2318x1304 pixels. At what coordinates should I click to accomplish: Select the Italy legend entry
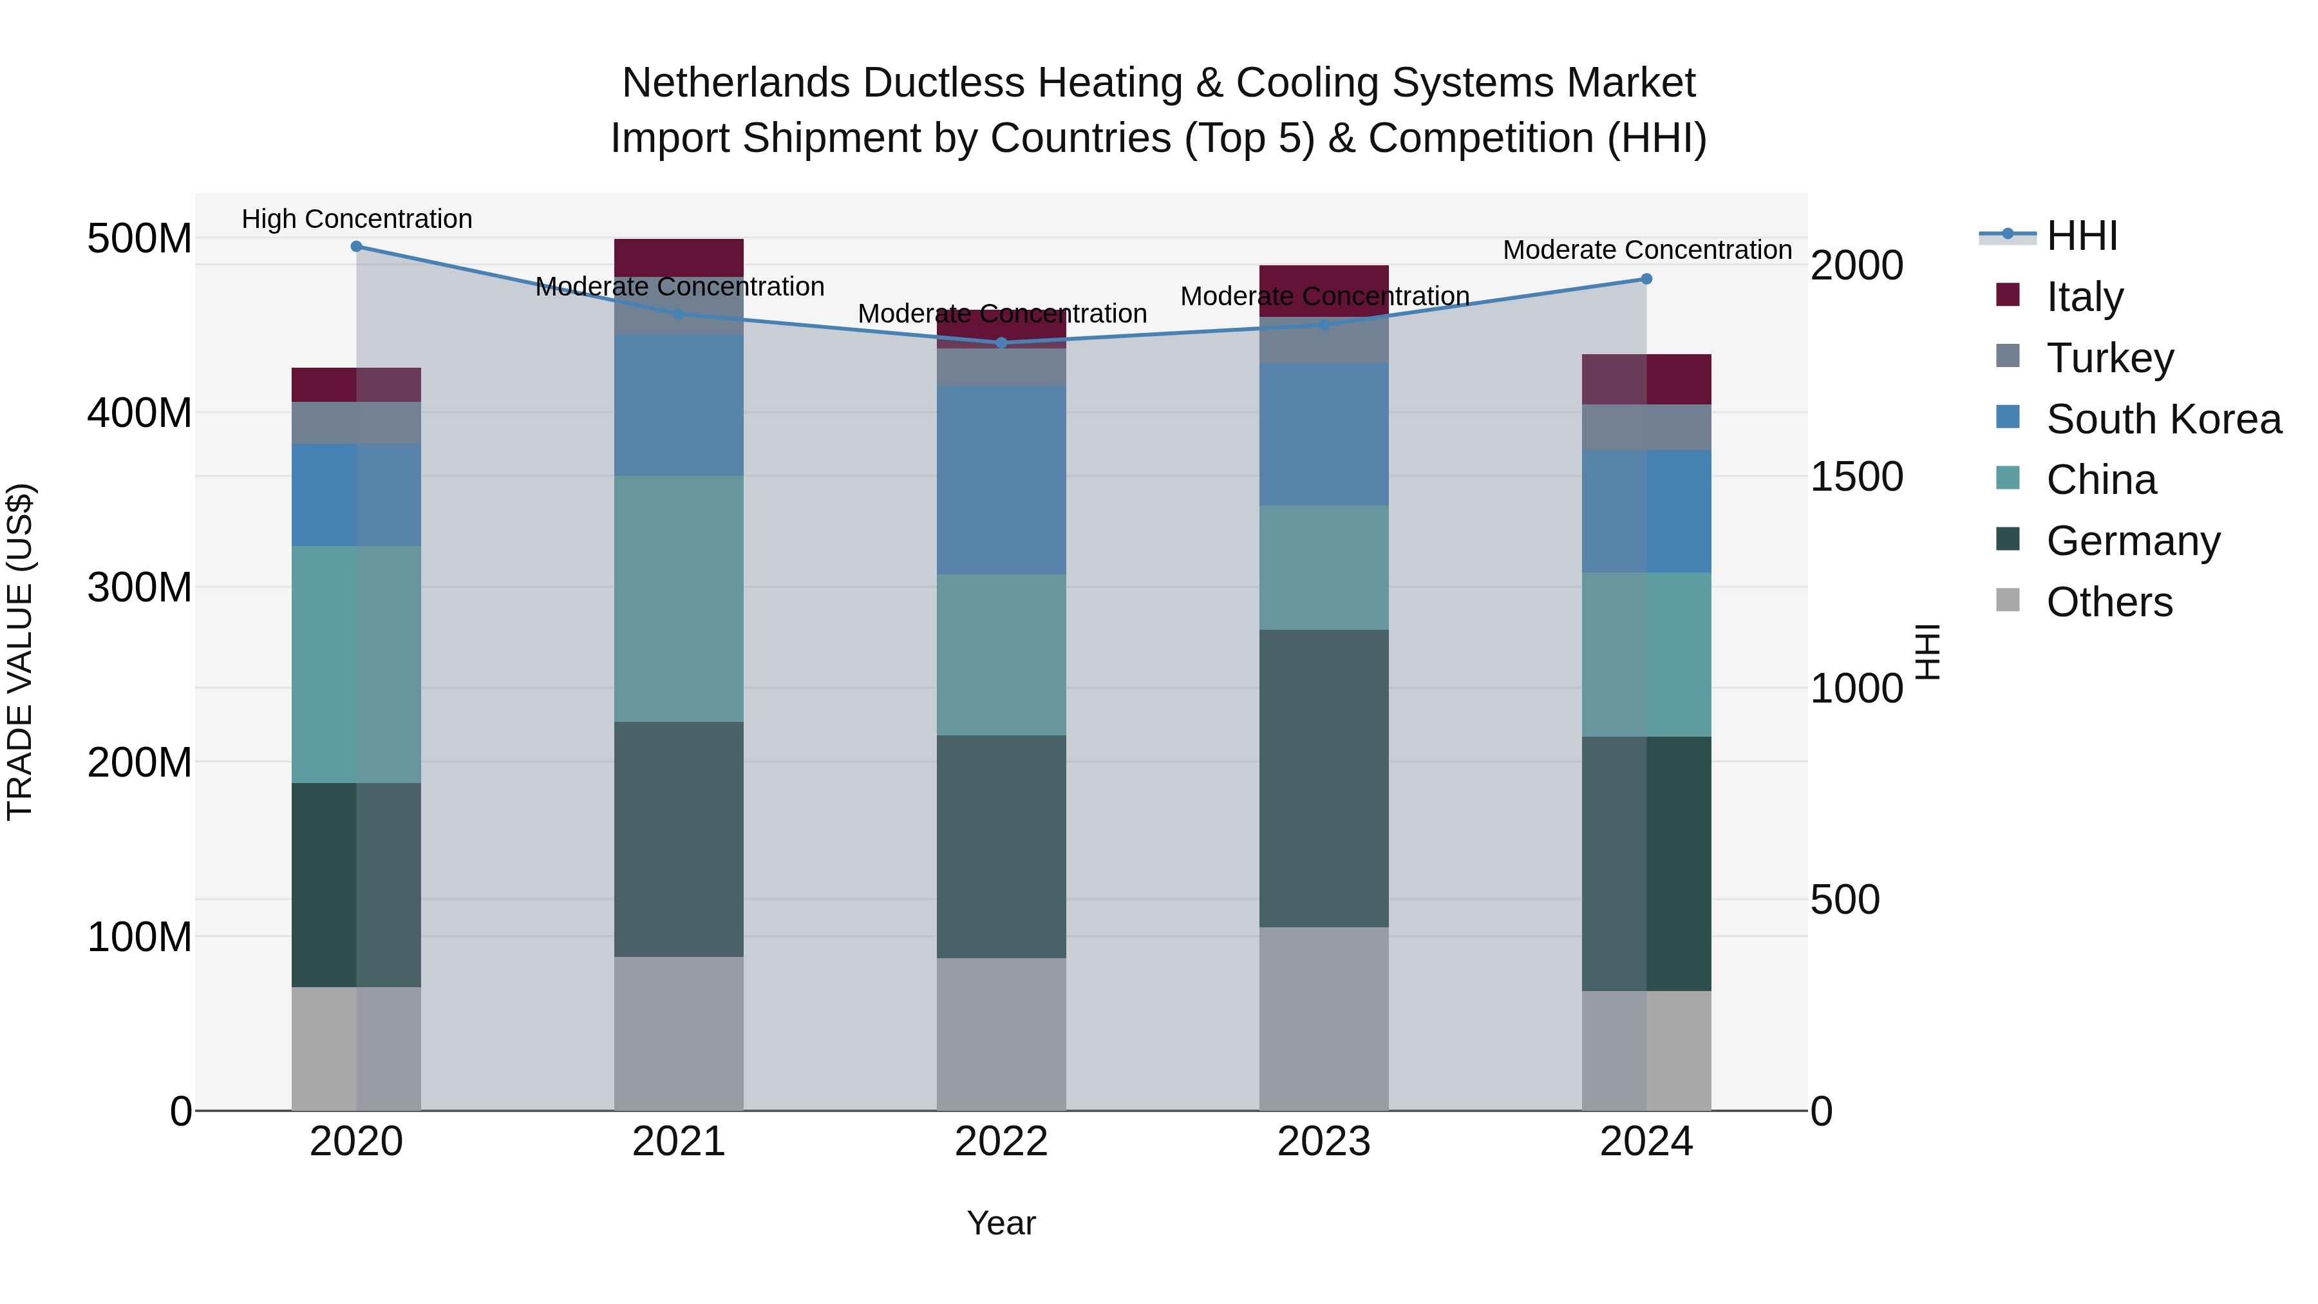click(x=2084, y=297)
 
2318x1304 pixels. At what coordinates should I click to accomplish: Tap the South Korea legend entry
click(x=2163, y=419)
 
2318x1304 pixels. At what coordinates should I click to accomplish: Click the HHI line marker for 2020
click(x=356, y=247)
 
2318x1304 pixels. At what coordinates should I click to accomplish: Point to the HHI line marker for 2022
click(x=1001, y=343)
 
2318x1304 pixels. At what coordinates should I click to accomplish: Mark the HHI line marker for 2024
click(x=1646, y=279)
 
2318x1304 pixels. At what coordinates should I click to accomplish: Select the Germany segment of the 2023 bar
click(x=1324, y=779)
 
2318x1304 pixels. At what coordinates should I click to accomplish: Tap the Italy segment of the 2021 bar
click(x=679, y=258)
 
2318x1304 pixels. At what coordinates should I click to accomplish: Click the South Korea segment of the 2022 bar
click(x=1001, y=480)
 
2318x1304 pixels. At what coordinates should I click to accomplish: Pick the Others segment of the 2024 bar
click(x=1646, y=1050)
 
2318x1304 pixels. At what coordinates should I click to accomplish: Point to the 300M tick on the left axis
click(x=140, y=588)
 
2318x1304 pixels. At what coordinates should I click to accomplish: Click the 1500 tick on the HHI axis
click(x=1856, y=477)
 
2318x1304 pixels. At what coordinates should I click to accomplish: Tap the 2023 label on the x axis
click(x=1324, y=1142)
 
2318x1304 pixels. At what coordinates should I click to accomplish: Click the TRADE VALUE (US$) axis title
click(x=20, y=652)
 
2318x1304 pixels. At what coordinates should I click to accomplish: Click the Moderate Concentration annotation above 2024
click(x=1646, y=250)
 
